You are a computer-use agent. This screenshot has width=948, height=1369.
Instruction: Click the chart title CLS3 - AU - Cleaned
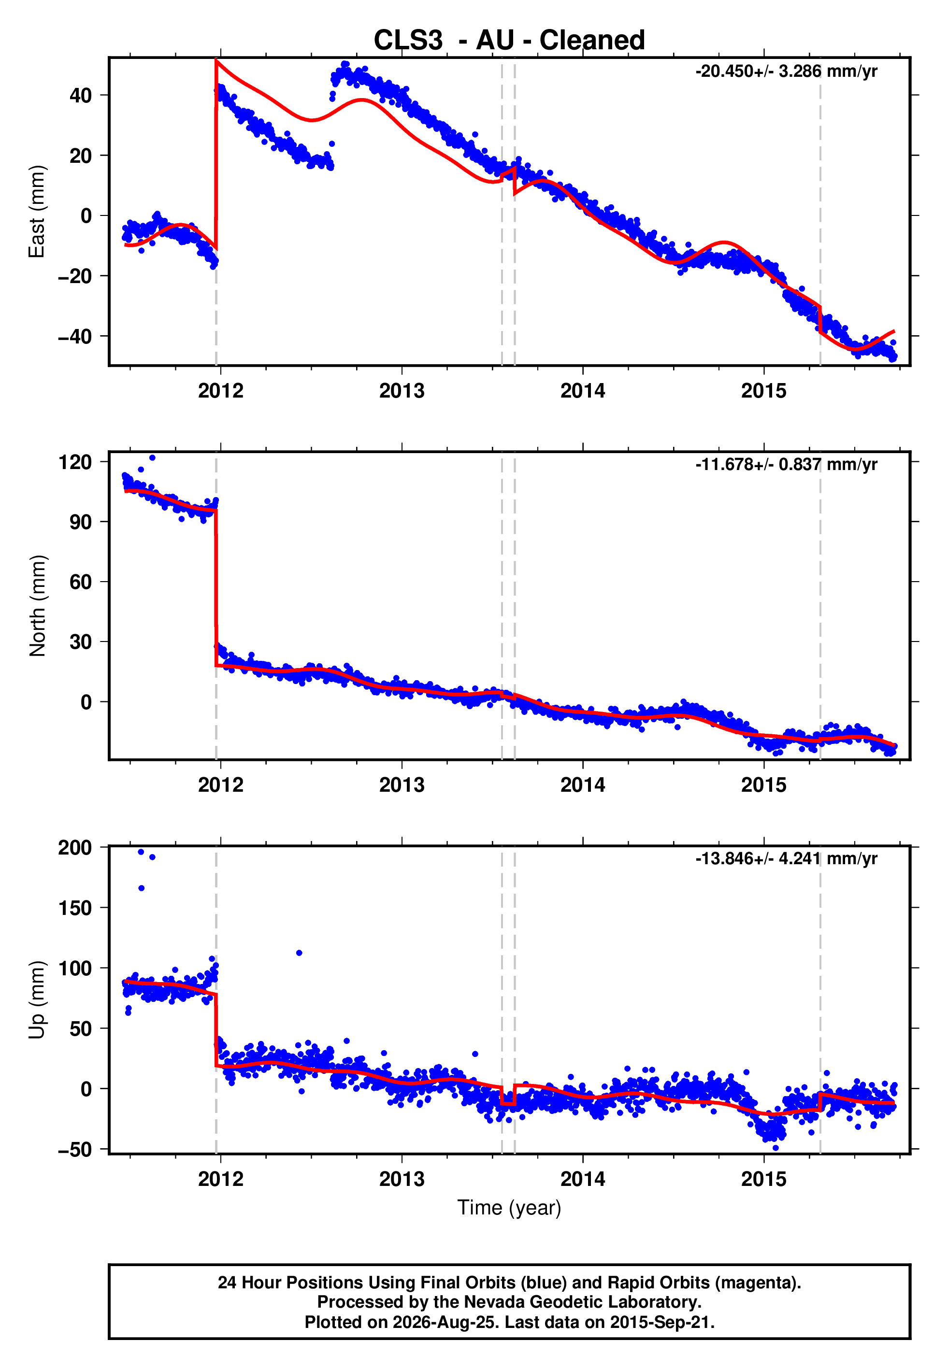point(509,41)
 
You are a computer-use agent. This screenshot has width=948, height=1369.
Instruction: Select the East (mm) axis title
point(37,212)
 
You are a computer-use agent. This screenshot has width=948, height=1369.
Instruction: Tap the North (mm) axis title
point(37,606)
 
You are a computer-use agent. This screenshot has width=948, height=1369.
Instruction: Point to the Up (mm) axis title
point(37,1000)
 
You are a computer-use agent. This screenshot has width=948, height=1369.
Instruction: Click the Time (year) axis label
point(509,1208)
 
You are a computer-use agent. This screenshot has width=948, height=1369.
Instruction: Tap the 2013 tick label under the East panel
point(402,391)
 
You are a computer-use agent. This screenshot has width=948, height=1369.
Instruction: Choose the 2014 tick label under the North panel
point(583,785)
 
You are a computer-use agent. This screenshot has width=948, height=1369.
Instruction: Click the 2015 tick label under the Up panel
point(764,1179)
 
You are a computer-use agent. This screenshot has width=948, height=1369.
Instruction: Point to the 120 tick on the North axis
point(75,461)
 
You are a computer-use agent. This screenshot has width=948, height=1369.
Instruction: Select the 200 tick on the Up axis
point(75,848)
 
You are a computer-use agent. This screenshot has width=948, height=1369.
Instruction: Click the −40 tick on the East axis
point(75,337)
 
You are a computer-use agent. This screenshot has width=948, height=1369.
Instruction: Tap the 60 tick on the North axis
point(81,582)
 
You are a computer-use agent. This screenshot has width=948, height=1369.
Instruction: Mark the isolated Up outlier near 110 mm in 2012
point(300,953)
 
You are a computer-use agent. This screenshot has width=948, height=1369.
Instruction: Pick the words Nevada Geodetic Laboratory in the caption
point(582,1302)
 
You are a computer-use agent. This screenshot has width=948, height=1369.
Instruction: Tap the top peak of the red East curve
point(216,60)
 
